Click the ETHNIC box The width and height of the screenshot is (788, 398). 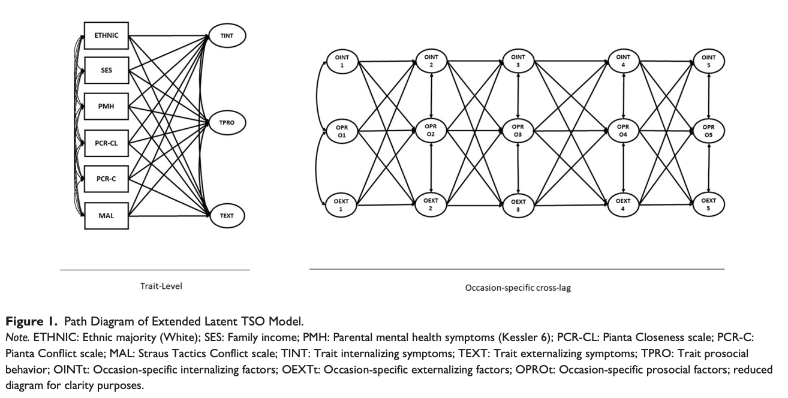click(106, 35)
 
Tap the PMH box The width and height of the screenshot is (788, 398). click(106, 107)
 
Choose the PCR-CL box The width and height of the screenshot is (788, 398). click(106, 143)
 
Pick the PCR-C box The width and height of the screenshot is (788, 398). click(106, 179)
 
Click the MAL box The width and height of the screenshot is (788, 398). click(106, 215)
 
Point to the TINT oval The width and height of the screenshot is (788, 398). click(226, 36)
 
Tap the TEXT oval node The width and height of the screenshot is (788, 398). click(226, 215)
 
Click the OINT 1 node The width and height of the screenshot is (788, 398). click(342, 61)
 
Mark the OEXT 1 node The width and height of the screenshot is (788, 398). click(342, 204)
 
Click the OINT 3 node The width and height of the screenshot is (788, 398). click(517, 61)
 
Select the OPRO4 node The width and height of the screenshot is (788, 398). click(623, 130)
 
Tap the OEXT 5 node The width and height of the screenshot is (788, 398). click(709, 204)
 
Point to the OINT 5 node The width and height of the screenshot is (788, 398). click(709, 61)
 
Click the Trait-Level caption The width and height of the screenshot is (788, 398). click(161, 286)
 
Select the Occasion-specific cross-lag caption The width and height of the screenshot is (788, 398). click(518, 288)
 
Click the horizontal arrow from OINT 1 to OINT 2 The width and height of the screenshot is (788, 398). click(387, 61)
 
